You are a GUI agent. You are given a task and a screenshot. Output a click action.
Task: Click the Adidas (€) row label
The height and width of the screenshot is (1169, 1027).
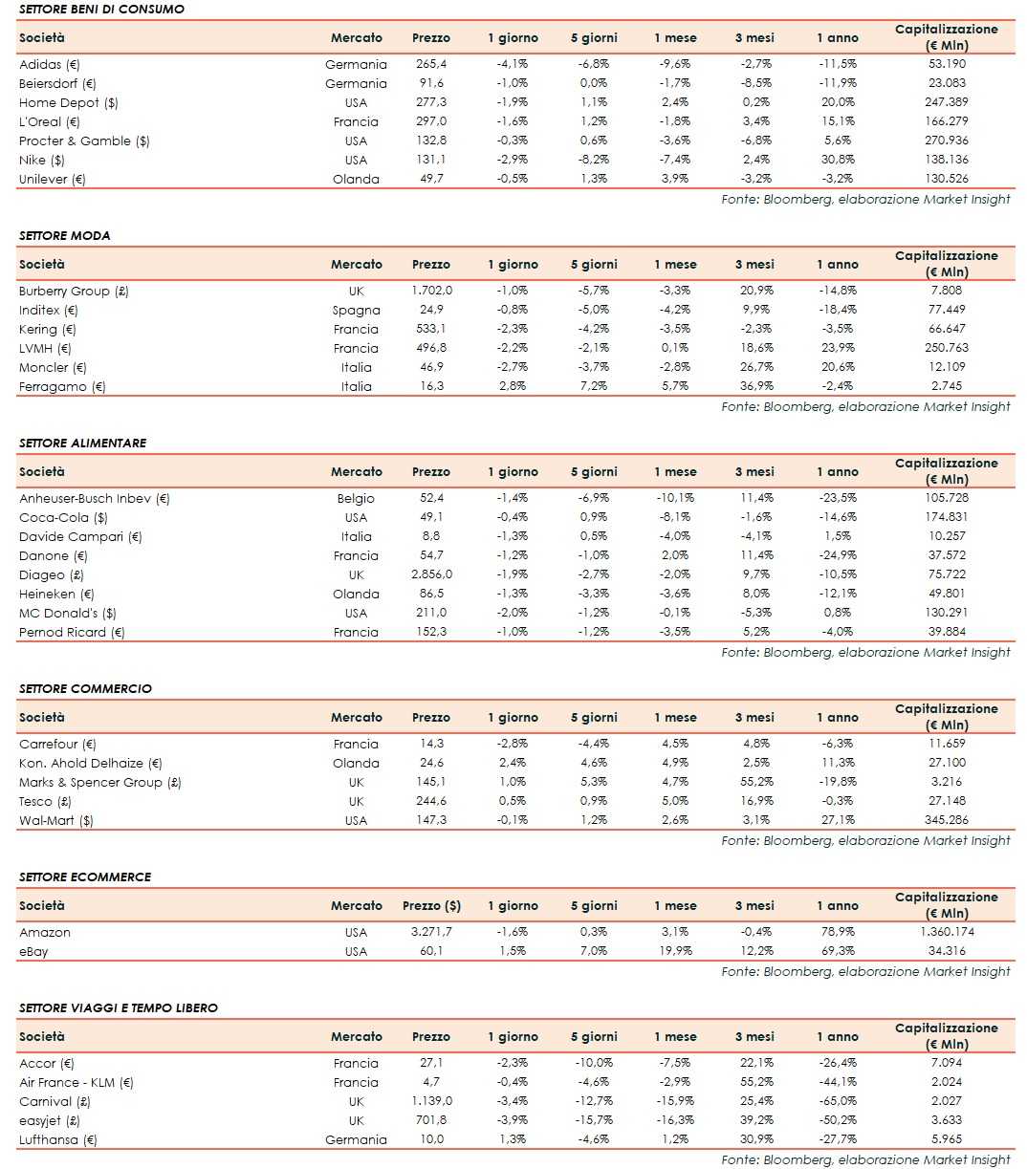49,64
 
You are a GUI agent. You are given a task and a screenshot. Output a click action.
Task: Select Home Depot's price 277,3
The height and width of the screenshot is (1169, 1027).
430,102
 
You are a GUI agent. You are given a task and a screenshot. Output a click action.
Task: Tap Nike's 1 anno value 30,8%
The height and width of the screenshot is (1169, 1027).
837,160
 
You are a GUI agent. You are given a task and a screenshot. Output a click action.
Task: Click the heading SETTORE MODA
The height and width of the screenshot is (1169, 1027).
64,235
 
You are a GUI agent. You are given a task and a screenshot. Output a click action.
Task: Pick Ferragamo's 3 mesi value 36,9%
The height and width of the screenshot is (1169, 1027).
754,386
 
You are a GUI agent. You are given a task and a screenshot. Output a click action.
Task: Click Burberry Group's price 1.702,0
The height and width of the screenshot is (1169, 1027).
431,291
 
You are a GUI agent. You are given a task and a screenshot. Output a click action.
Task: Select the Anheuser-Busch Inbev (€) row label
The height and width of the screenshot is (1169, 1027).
94,498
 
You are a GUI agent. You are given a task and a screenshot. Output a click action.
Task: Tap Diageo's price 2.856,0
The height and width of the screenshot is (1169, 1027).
431,574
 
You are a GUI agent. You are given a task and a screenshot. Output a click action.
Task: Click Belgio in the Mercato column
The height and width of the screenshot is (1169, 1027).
356,498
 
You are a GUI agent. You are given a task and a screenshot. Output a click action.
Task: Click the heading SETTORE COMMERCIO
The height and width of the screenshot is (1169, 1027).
85,688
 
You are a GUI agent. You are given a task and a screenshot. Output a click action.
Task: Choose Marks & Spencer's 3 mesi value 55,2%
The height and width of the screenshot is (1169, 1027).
754,782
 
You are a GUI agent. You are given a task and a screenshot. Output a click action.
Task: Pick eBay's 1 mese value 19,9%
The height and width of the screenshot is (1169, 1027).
674,951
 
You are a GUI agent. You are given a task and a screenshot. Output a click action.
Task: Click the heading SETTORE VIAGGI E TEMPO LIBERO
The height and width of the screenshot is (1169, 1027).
118,1007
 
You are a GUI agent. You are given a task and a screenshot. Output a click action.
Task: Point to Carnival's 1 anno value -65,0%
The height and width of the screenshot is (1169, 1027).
837,1101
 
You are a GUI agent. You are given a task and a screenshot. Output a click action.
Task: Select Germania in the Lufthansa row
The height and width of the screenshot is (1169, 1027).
356,1139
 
